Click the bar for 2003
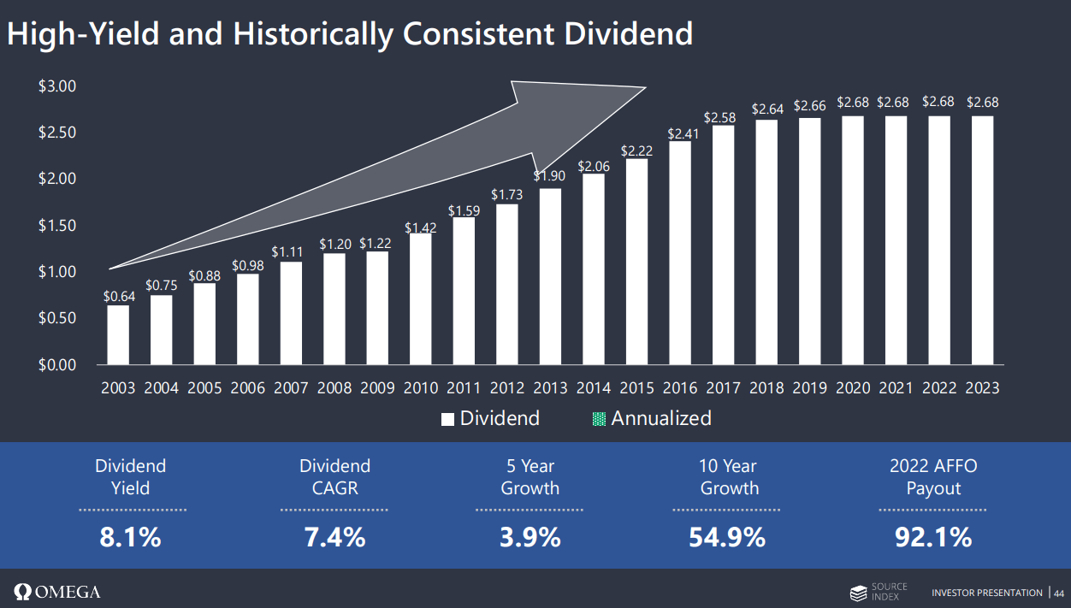click(118, 335)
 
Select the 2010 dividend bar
click(420, 298)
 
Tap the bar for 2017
click(723, 245)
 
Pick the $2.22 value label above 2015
click(636, 151)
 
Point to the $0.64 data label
click(118, 297)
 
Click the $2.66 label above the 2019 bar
click(809, 106)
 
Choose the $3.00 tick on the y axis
click(57, 86)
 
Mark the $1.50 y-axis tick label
click(57, 226)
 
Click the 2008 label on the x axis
click(334, 388)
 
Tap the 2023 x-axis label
click(982, 388)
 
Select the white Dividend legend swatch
click(447, 419)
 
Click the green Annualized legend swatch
click(599, 419)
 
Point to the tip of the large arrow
click(645, 87)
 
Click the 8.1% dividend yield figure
click(130, 537)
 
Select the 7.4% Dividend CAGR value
click(334, 537)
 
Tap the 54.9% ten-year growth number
click(727, 537)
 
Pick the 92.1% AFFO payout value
click(932, 537)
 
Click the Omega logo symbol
click(22, 592)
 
